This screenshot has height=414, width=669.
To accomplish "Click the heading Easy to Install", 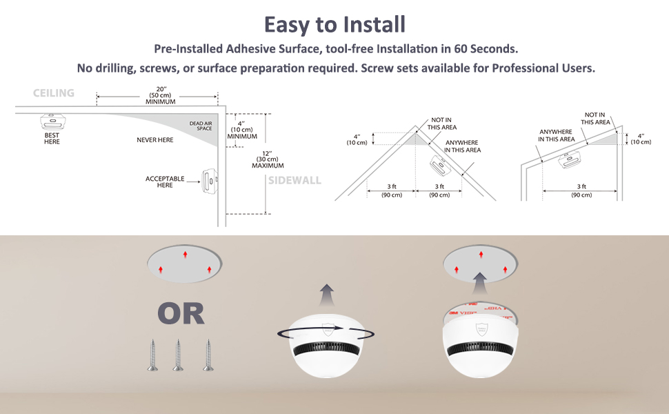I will coord(334,24).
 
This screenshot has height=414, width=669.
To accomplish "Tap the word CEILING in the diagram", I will coord(54,93).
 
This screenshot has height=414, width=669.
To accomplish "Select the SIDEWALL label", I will coord(294,180).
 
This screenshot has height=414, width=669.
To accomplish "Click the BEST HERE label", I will coord(52,139).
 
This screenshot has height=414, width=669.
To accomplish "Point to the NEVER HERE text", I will coord(155,140).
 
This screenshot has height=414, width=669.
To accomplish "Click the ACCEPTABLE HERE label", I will coord(165,182).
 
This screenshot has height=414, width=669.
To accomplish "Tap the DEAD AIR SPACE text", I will coord(200,126).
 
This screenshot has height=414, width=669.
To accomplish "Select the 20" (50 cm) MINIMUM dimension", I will coord(160,95).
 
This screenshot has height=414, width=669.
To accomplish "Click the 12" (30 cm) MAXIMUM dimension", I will coord(268,159).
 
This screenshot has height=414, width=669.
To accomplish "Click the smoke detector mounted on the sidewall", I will coord(208,181).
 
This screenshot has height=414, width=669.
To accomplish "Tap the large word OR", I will coord(181,314).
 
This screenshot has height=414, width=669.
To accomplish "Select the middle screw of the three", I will coord(178,355).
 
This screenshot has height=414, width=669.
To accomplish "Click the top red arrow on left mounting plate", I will coord(184,255).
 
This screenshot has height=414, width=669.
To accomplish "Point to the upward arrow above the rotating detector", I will coord(326,295).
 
